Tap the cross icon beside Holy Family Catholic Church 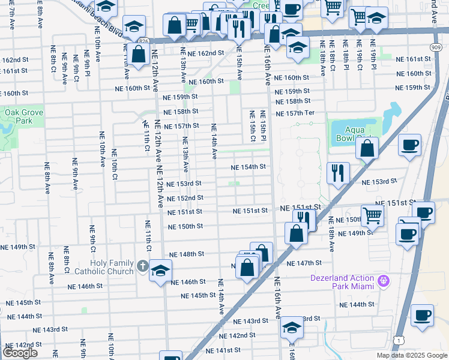click(142, 265)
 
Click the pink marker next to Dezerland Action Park click(384, 280)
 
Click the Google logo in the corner click(20, 353)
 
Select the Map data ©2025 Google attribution click(412, 355)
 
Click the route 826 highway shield click(143, 40)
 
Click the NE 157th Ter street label click(295, 113)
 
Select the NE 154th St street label click(249, 167)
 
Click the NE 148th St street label click(187, 254)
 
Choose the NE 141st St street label click(223, 350)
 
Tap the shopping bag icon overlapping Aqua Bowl click(367, 147)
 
